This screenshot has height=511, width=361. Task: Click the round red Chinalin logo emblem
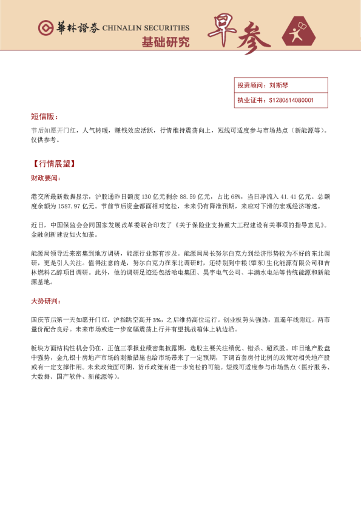(x=44, y=28)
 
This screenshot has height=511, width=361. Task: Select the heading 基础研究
(x=165, y=42)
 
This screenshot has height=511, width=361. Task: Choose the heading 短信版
(x=44, y=116)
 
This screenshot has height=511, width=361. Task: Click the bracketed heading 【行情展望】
(x=54, y=163)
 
